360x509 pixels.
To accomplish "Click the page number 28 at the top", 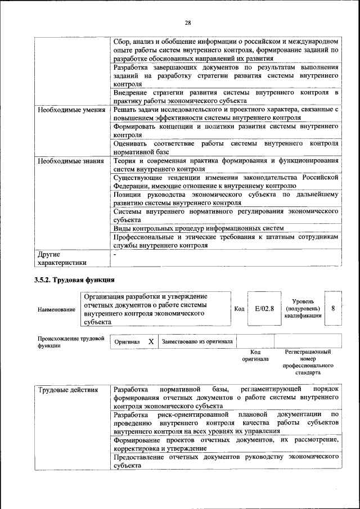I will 188,22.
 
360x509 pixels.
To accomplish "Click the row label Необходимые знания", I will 71,161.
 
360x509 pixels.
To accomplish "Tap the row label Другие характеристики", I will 62,258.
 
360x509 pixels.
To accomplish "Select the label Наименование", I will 56,309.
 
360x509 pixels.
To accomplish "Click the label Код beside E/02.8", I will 239,309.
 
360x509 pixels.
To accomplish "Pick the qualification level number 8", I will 334,308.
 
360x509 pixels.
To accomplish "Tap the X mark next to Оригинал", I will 151,341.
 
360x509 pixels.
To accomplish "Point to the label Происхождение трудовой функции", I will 71,342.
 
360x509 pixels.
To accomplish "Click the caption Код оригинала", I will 255,355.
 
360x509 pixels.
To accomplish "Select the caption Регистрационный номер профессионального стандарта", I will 308,362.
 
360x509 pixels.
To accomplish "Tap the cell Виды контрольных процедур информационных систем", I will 198,228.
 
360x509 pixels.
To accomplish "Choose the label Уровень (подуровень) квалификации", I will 303,309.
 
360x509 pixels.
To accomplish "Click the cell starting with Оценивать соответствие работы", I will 226,147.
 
